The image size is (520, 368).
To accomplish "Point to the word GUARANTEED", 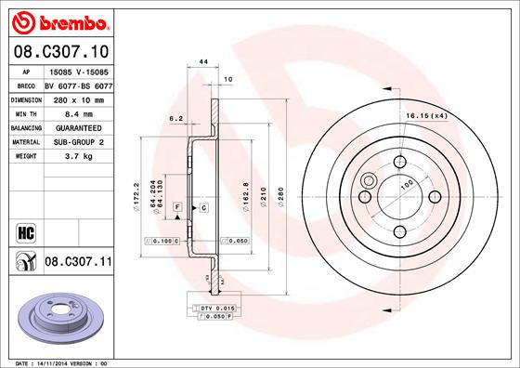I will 76,126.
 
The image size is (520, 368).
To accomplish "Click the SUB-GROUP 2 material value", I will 76,141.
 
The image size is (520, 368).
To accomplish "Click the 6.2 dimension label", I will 175,119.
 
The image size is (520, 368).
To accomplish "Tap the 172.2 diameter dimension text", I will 136,195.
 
